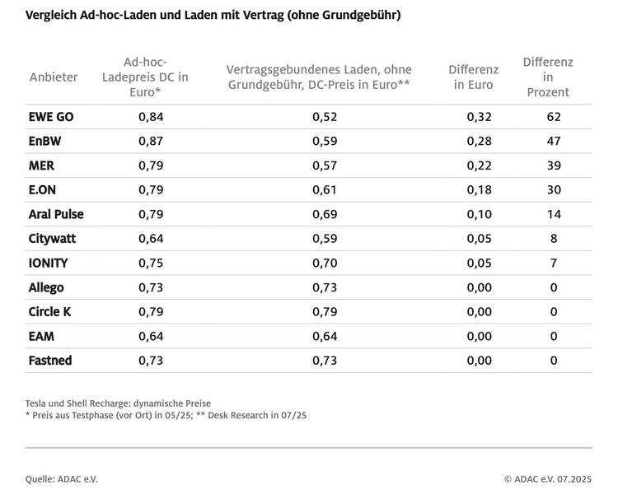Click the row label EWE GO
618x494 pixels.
point(51,117)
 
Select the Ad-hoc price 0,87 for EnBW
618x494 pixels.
point(150,142)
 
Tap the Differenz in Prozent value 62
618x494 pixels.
point(554,117)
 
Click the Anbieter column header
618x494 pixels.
point(54,77)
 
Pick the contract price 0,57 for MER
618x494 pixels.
point(325,165)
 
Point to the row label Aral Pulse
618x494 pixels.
point(56,214)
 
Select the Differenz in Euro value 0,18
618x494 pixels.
point(479,190)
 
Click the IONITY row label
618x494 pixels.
point(49,263)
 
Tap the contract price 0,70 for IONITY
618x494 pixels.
point(325,263)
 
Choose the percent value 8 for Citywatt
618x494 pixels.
point(554,239)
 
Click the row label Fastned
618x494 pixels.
point(50,360)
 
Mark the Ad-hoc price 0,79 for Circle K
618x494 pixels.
point(150,311)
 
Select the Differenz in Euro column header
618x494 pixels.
point(473,77)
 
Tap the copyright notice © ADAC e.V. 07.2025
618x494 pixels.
point(547,478)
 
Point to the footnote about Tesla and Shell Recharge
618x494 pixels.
point(118,403)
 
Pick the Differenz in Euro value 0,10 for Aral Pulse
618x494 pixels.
point(479,214)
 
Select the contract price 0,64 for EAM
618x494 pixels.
point(325,336)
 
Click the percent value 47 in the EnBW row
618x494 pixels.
point(554,142)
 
